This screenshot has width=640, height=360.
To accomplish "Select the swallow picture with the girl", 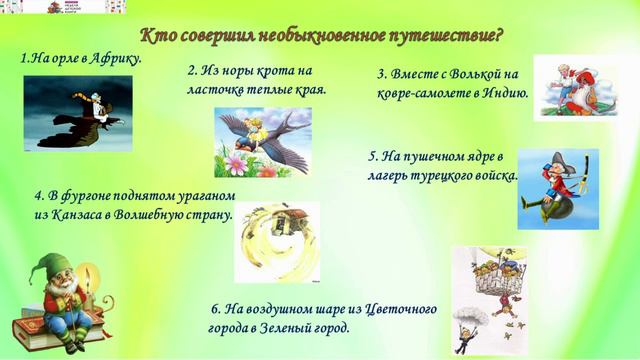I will pos(262,141).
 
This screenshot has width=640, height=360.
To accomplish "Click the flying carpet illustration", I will pos(574,88).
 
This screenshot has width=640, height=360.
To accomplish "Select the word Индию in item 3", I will pos(504,95).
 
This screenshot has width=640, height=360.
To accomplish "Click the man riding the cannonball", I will pos(557,189).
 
